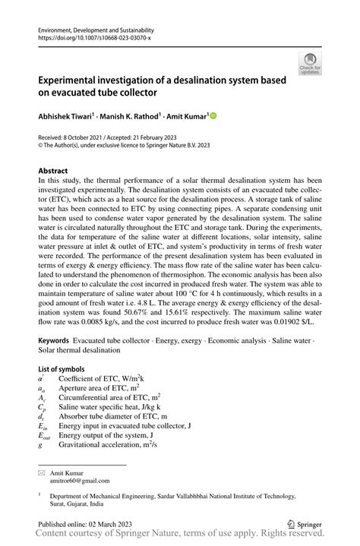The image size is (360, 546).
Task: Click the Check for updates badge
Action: pyautogui.click(x=309, y=63)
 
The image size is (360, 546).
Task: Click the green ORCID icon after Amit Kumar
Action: pyautogui.click(x=213, y=116)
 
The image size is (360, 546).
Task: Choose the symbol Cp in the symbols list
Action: pyautogui.click(x=42, y=406)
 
